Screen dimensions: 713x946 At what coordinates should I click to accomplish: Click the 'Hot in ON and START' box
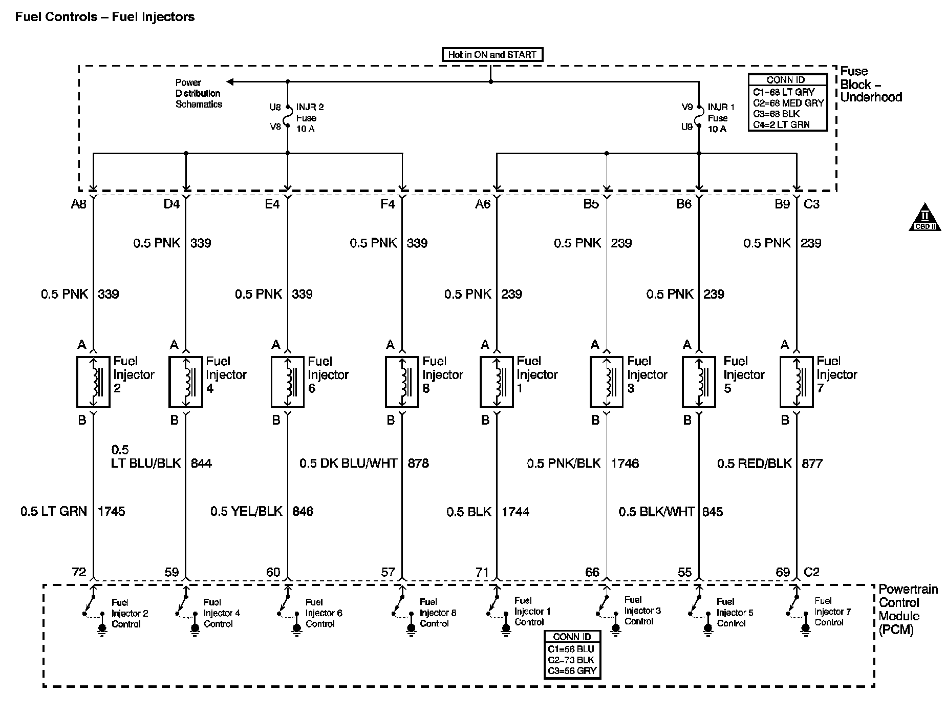[x=491, y=55]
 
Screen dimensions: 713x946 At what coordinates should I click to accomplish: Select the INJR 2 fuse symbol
[x=288, y=117]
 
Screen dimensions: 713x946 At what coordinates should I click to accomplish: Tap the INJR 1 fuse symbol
[x=699, y=117]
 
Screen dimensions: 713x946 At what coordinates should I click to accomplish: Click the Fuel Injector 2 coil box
[x=93, y=382]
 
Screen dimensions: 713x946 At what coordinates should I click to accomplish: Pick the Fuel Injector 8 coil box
[x=402, y=382]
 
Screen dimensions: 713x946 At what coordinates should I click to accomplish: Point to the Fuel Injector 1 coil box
[x=497, y=382]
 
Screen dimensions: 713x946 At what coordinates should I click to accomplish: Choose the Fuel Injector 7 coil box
[x=797, y=382]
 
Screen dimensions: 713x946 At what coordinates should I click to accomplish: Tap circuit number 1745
[x=111, y=511]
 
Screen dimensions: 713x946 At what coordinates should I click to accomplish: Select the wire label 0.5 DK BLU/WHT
[x=348, y=464]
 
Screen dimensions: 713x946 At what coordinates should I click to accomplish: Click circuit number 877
[x=812, y=464]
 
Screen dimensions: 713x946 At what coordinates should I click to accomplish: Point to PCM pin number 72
[x=79, y=572]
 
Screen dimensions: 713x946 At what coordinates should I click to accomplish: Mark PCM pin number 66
[x=592, y=572]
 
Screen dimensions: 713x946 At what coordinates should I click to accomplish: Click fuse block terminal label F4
[x=388, y=204]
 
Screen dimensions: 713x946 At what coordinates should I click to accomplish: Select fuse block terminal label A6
[x=483, y=204]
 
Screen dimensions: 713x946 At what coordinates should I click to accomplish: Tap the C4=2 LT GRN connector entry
[x=781, y=124]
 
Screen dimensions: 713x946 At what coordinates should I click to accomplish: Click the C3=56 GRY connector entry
[x=572, y=671]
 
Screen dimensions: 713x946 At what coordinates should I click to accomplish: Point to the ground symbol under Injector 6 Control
[x=296, y=630]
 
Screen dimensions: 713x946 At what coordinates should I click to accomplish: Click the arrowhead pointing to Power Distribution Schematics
[x=230, y=82]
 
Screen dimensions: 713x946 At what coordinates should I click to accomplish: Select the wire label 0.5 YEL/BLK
[x=246, y=511]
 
